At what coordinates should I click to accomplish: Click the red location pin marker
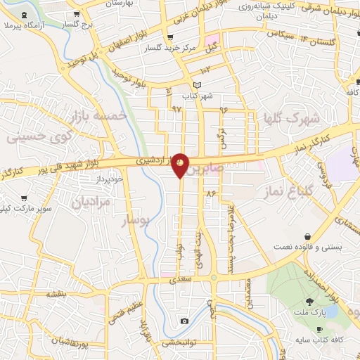click(181, 164)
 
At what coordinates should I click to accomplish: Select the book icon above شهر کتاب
click(198, 85)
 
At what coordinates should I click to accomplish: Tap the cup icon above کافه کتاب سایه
click(320, 330)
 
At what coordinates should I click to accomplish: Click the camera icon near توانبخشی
click(184, 321)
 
